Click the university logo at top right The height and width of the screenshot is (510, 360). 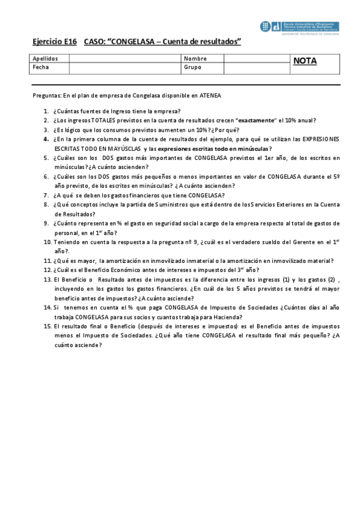click(x=299, y=26)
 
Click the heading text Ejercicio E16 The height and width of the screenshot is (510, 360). click(x=55, y=41)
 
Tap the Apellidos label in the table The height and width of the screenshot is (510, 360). click(x=46, y=59)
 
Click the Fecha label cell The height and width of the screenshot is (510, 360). click(x=41, y=67)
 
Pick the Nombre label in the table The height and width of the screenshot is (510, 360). click(x=195, y=59)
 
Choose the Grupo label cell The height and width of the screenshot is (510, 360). click(x=193, y=67)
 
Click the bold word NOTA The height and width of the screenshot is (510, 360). click(x=305, y=61)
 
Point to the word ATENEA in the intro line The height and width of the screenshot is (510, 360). click(x=216, y=95)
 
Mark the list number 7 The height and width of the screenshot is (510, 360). click(x=46, y=195)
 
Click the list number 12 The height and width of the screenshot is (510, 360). click(x=47, y=270)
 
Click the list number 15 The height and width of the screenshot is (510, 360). click(x=47, y=326)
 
